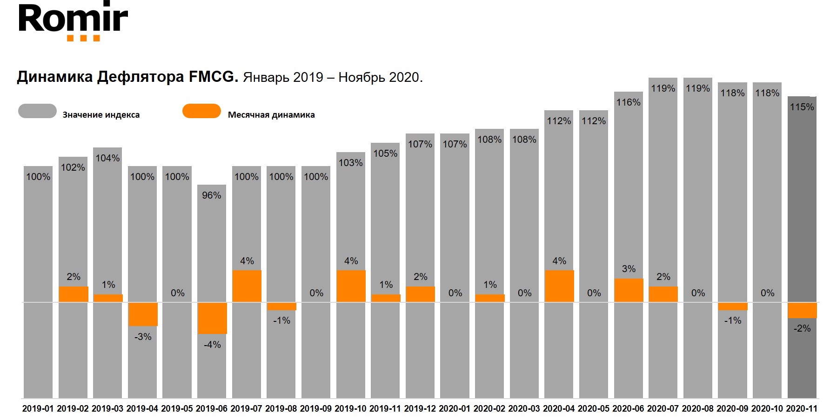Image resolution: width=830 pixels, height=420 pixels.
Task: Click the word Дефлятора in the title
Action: coord(141,76)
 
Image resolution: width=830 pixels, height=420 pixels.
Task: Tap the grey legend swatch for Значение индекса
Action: coord(37,111)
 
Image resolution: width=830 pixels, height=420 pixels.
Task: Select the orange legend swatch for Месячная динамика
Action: coord(201,111)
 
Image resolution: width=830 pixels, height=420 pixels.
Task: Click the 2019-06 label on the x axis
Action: coord(211,409)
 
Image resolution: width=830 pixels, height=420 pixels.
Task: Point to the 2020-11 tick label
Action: coord(802,409)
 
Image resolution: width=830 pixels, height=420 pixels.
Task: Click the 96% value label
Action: coord(211,195)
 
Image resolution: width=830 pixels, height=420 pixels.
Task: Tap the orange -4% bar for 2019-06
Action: coord(212,318)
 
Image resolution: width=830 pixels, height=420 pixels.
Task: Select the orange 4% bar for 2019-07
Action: coord(247,286)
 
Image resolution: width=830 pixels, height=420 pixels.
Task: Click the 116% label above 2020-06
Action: coord(628,102)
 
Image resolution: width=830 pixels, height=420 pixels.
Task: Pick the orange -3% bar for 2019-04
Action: coord(143,314)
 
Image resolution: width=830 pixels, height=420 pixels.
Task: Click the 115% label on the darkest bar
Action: coord(802,107)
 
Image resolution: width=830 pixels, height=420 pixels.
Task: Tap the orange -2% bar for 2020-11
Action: coord(802,310)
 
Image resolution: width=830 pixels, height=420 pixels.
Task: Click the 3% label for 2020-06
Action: coord(629,269)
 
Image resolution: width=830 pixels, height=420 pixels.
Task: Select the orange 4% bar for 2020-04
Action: coord(559,286)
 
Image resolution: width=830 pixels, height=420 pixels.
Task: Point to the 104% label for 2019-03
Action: coord(107,158)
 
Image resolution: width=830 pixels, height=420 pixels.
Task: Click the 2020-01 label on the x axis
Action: coord(455,409)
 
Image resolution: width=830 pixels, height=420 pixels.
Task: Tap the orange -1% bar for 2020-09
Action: coord(732,307)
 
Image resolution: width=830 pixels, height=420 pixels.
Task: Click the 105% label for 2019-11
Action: coord(385,153)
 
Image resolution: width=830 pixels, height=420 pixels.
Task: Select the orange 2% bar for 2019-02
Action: coord(74,294)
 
